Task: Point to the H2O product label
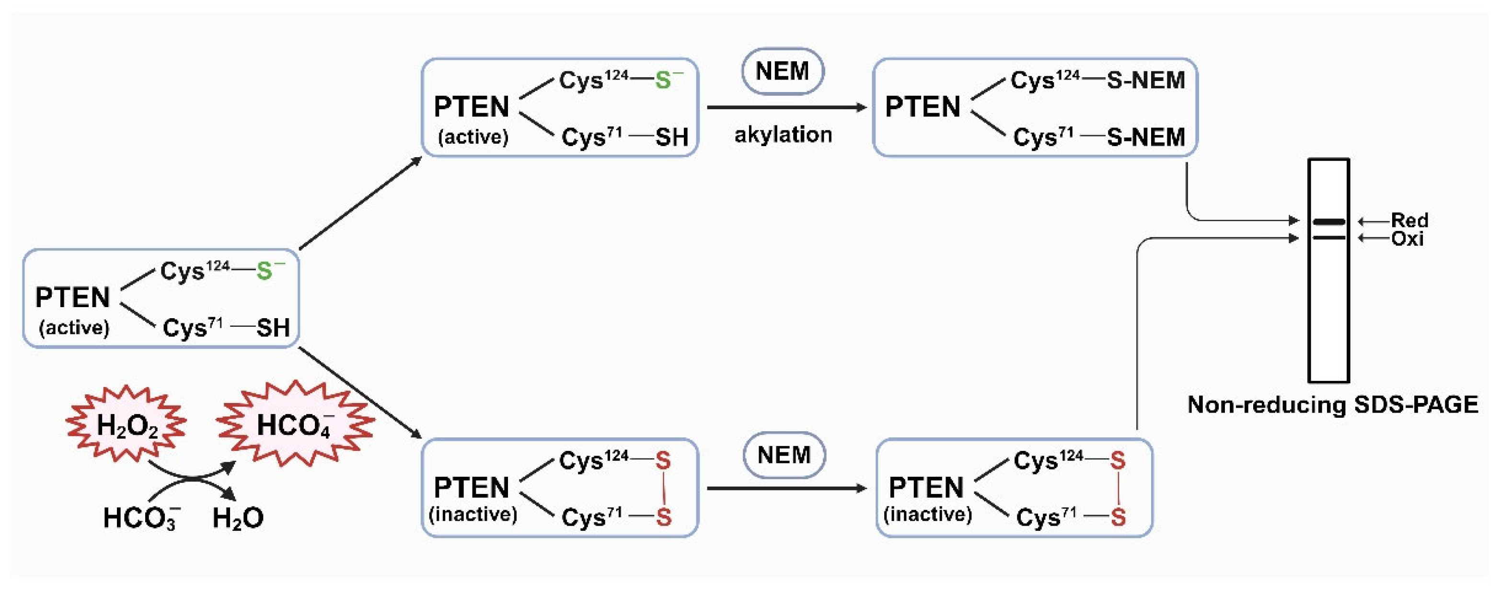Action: pos(238,517)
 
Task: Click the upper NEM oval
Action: pos(782,71)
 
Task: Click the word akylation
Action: pos(783,135)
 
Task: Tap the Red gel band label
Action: pos(1410,220)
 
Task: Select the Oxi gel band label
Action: pos(1408,238)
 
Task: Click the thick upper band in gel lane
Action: pos(1329,221)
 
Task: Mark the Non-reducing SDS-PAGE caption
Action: pos(1332,404)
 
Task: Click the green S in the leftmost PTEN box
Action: pos(265,271)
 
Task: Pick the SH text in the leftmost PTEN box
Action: pos(273,328)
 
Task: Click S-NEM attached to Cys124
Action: pos(1145,80)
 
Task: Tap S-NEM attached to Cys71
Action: pos(1145,138)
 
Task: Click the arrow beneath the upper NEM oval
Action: pos(786,107)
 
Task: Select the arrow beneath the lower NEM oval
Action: pos(786,488)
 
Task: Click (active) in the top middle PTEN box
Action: pos(473,137)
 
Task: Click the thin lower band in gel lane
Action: pos(1329,238)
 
